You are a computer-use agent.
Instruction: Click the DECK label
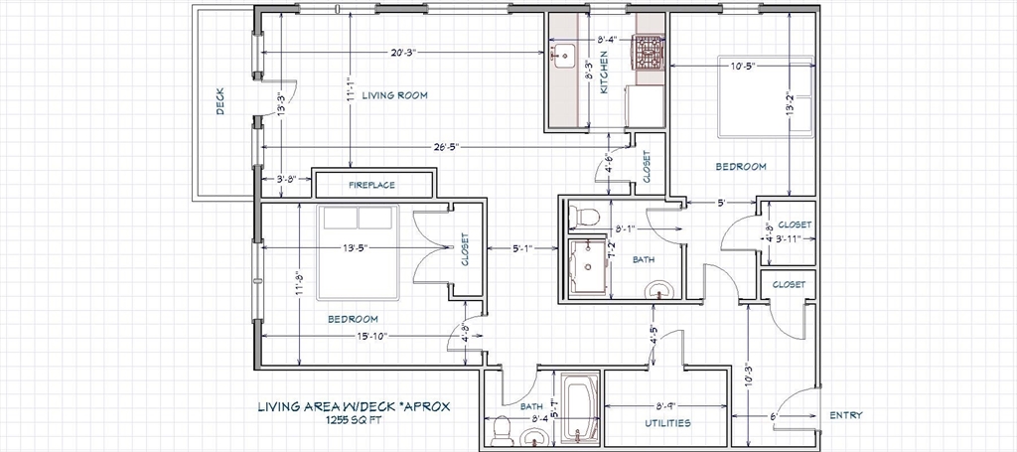(219, 101)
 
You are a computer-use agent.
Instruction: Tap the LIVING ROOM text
(395, 95)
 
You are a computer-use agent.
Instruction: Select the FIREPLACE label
(371, 185)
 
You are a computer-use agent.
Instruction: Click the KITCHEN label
(604, 73)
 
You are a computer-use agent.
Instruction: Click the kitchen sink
(562, 56)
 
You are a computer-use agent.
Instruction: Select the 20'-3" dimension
(403, 52)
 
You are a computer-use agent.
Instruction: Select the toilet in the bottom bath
(502, 429)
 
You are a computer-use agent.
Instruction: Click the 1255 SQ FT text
(355, 419)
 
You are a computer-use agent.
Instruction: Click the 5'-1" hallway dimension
(522, 247)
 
